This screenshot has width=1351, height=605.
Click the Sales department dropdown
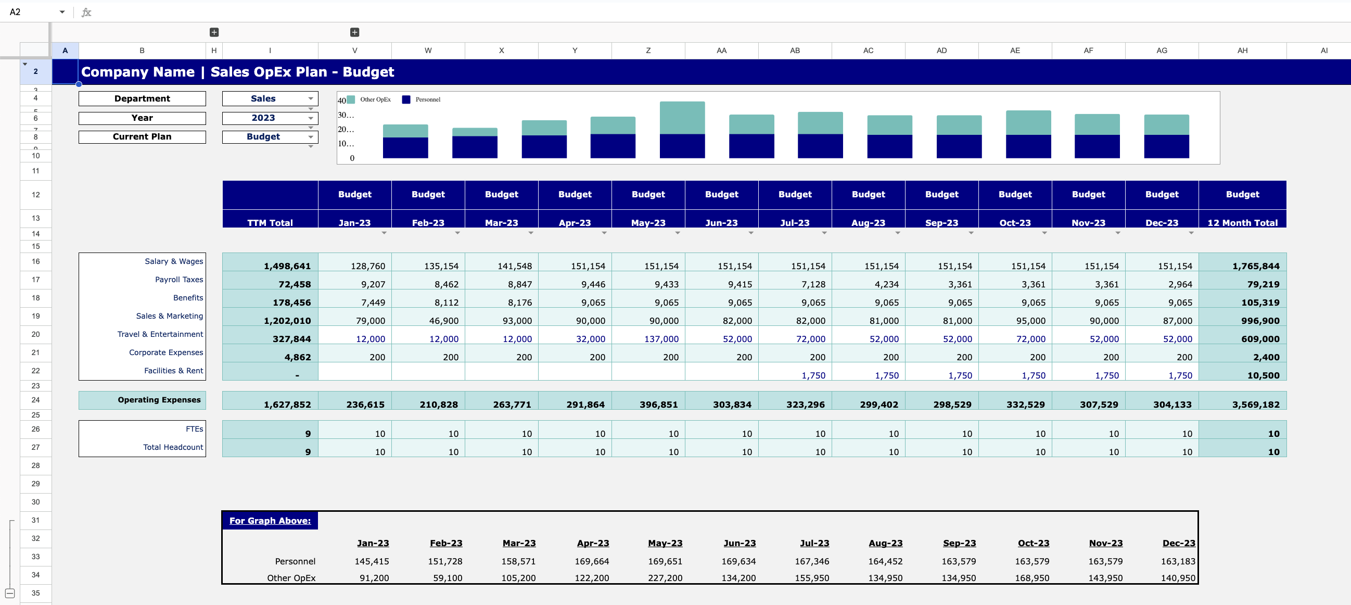point(269,98)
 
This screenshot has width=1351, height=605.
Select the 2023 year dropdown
point(269,118)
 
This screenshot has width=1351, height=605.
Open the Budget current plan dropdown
point(269,137)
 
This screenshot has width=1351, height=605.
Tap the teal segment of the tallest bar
point(682,118)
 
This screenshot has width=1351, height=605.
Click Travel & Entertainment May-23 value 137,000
point(661,339)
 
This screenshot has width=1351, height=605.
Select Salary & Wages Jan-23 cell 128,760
point(367,266)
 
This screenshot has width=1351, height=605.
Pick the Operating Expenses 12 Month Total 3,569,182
point(1255,405)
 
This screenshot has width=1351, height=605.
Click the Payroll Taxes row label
point(179,280)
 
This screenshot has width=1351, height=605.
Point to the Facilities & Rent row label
point(173,371)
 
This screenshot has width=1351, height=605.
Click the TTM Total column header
point(270,223)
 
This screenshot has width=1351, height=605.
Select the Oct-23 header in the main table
point(1015,223)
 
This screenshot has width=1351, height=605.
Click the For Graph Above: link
point(270,521)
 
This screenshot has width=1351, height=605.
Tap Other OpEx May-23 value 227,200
point(665,578)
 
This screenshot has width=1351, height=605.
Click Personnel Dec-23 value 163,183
point(1177,561)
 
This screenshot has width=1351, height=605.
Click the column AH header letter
point(1242,51)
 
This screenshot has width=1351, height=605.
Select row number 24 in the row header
point(36,400)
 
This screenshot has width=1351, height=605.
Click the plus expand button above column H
point(214,32)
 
